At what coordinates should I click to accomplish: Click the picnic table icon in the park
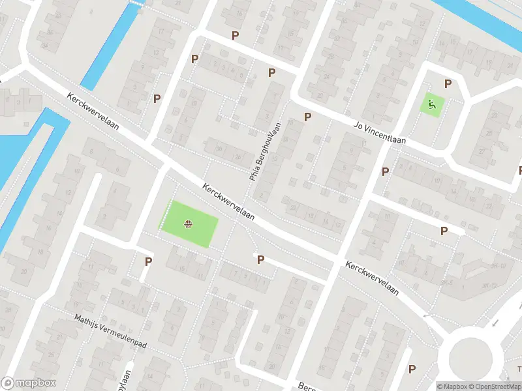click(188, 225)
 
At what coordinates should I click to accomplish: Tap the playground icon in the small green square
click(431, 103)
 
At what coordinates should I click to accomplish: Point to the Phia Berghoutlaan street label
click(265, 151)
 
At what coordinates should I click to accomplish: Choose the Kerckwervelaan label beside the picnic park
click(228, 201)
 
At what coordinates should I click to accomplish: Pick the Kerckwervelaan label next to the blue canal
click(93, 110)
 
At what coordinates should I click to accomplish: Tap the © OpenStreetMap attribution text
click(495, 386)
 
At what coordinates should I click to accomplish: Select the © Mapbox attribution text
click(453, 386)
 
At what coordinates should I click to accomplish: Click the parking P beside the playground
click(448, 83)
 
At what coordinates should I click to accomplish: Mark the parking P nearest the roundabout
click(412, 369)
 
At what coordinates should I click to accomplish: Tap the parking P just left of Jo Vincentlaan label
click(307, 117)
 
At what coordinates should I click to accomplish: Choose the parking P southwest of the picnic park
click(149, 261)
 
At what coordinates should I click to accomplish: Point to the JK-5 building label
click(446, 283)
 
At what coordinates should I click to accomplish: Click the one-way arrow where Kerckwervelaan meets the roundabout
click(427, 315)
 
